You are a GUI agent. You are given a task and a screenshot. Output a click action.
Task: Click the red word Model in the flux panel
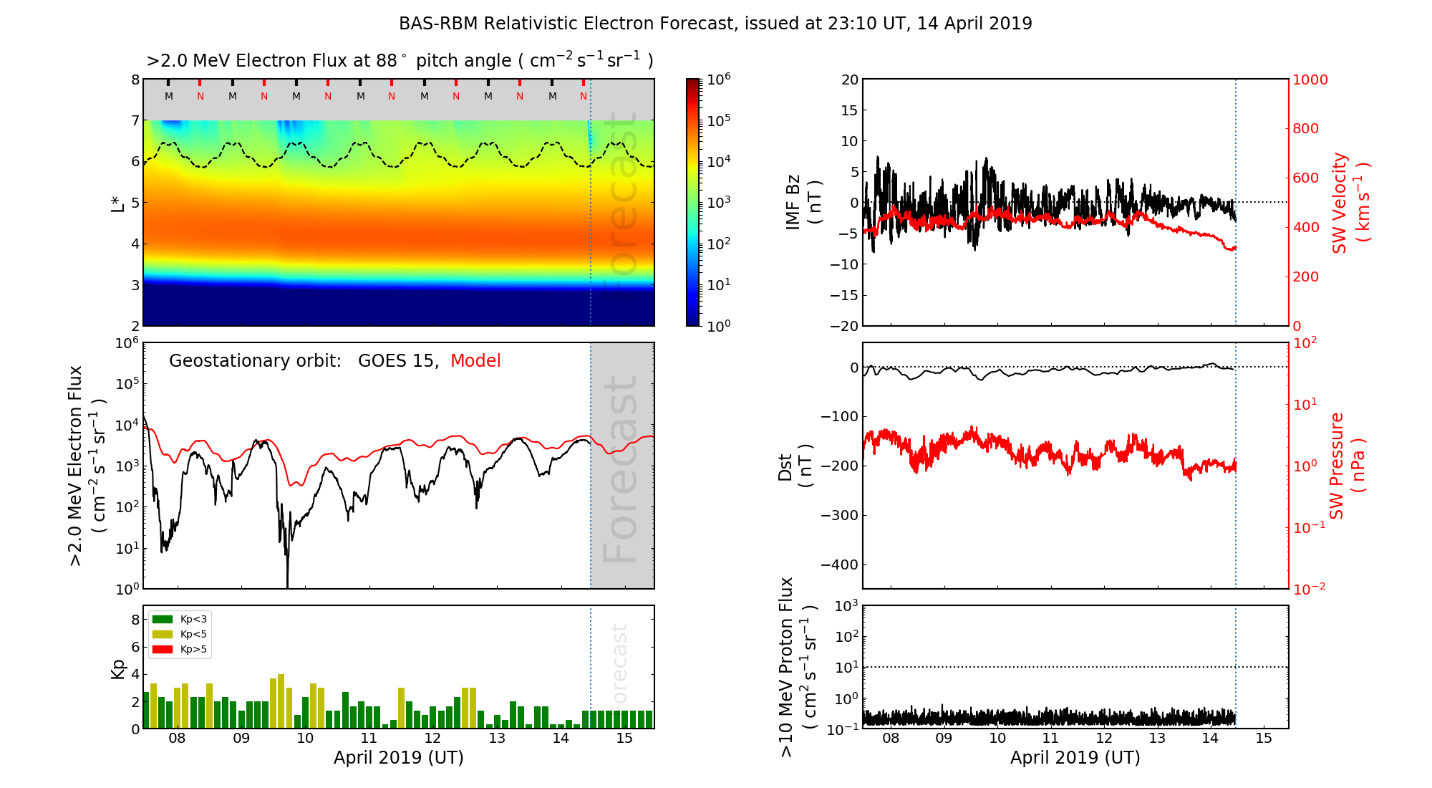pos(475,361)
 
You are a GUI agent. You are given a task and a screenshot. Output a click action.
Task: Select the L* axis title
pos(117,202)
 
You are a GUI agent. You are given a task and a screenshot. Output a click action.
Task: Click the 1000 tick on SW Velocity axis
pos(1310,80)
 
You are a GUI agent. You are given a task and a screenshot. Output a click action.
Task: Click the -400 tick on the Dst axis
pos(840,564)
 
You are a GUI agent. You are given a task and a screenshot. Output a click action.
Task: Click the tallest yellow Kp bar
pos(281,701)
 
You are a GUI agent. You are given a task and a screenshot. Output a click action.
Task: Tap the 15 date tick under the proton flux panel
pos(1264,739)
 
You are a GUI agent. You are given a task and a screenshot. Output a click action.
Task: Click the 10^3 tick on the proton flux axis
pos(846,606)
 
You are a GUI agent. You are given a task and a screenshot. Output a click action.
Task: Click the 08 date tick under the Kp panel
pos(177,739)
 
